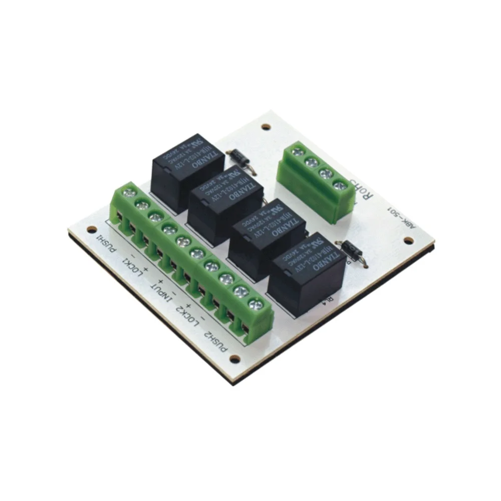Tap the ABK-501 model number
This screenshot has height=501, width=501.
401,218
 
